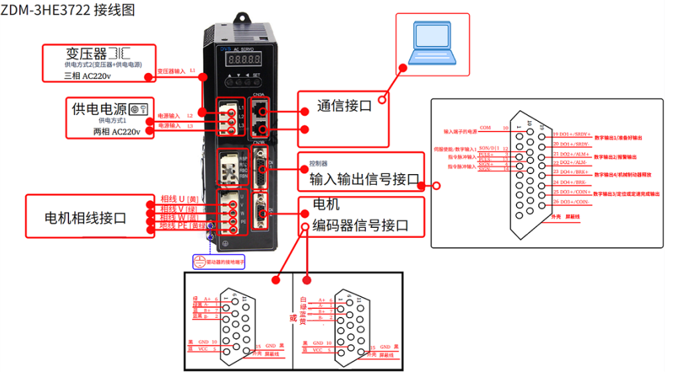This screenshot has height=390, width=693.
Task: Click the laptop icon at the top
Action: click(430, 44)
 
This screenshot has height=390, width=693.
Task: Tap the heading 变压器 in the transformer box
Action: click(86, 53)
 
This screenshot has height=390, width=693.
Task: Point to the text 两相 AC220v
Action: click(117, 132)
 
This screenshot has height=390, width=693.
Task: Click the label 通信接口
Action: click(344, 106)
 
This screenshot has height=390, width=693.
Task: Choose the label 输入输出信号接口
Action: click(364, 179)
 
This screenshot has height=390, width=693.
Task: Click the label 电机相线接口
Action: click(85, 217)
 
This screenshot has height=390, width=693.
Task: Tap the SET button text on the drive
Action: click(256, 76)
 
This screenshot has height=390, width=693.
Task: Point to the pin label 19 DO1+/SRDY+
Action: click(571, 134)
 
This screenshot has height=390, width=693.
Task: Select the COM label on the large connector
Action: click(485, 128)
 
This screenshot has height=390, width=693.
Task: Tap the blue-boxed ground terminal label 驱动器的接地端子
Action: click(223, 262)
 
